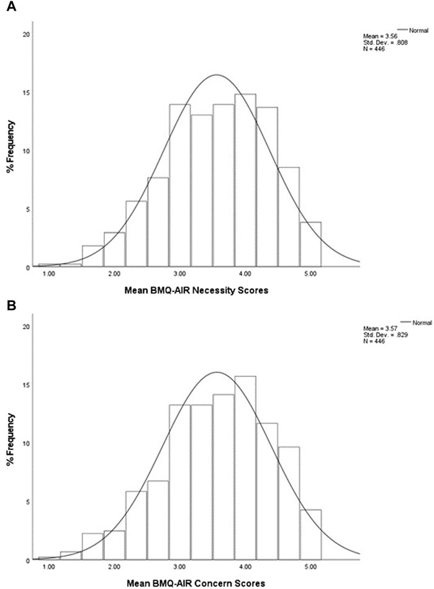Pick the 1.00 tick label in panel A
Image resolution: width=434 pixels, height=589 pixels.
point(48,273)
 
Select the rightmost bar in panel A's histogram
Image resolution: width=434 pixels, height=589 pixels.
point(310,244)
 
